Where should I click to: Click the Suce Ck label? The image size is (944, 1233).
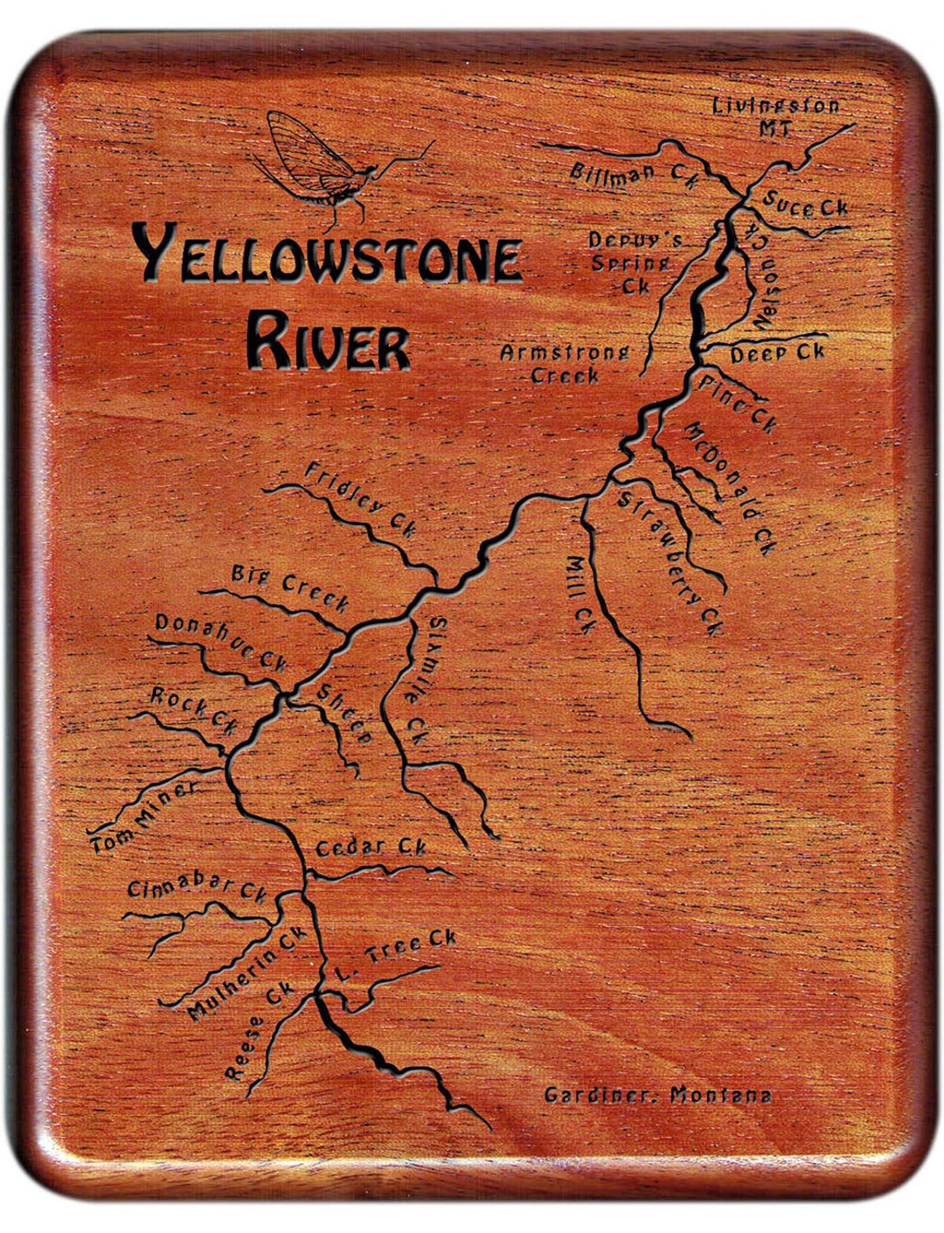[805, 205]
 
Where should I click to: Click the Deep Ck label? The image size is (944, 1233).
[777, 353]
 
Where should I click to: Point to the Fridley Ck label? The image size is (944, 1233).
[361, 500]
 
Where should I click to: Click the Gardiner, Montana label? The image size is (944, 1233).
[657, 1095]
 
